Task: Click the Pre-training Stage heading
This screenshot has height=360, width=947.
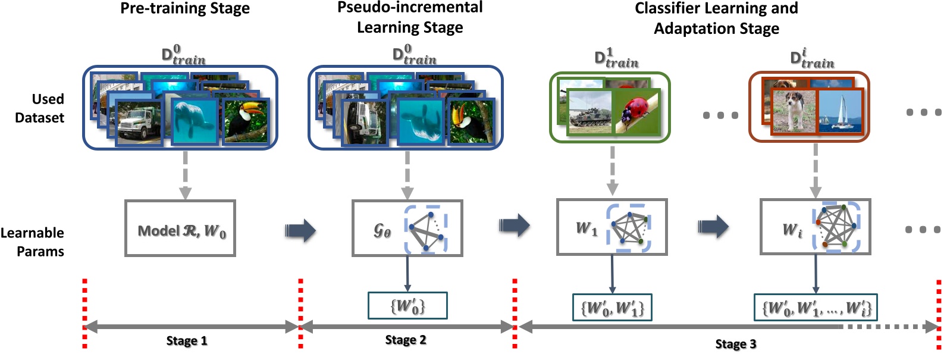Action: (185, 9)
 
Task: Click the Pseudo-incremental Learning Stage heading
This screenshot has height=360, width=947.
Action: (410, 17)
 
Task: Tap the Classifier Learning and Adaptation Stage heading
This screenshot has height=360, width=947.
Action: (716, 18)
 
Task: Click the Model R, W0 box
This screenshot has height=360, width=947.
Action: (180, 228)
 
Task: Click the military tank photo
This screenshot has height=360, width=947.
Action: (589, 112)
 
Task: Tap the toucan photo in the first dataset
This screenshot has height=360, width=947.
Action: (246, 121)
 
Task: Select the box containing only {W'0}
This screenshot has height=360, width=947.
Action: (407, 306)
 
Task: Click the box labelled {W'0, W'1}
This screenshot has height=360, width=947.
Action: (612, 308)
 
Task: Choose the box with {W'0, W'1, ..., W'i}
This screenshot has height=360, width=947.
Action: (816, 308)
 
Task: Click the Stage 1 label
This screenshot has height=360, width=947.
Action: (187, 341)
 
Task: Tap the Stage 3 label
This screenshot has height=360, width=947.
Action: (736, 344)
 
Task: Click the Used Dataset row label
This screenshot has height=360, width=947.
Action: (39, 108)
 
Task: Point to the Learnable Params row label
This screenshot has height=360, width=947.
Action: (32, 242)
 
